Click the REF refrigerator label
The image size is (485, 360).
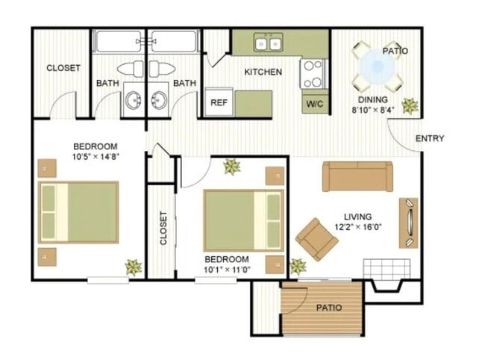pos(219,103)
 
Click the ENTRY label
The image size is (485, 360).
pos(430,138)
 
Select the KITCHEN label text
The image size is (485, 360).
pos(263,72)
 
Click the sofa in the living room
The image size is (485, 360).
pos(357,176)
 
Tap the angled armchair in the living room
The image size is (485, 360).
pos(317,239)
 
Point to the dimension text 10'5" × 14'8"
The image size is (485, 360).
pos(97,157)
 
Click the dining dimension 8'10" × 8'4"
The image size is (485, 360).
pos(373,111)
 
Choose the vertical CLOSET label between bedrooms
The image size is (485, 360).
pos(163,228)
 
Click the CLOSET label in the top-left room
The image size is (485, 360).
pos(63,68)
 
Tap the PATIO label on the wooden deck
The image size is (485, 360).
pos(328,307)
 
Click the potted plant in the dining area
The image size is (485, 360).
pos(410,105)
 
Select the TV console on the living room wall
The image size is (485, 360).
pos(409,222)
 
